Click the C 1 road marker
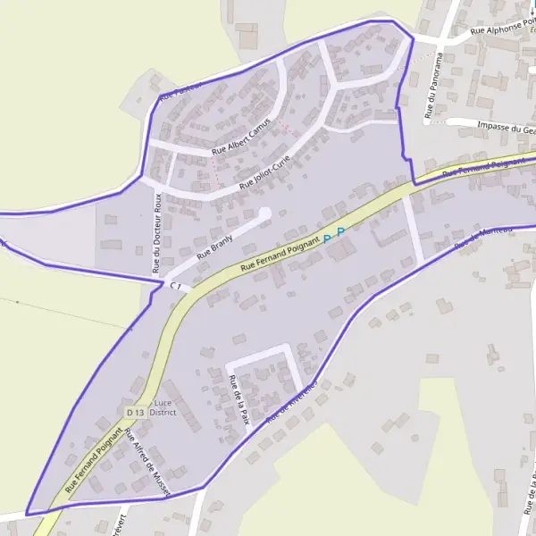point(177,286)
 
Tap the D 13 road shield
point(136,412)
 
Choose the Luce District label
point(164,408)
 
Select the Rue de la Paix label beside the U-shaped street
point(238,398)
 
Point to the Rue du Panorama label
point(435,84)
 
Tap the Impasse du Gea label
point(506,128)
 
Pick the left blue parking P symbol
point(326,239)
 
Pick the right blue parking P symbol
point(340,231)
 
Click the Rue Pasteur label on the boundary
point(182,88)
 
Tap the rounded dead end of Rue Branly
point(264,213)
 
